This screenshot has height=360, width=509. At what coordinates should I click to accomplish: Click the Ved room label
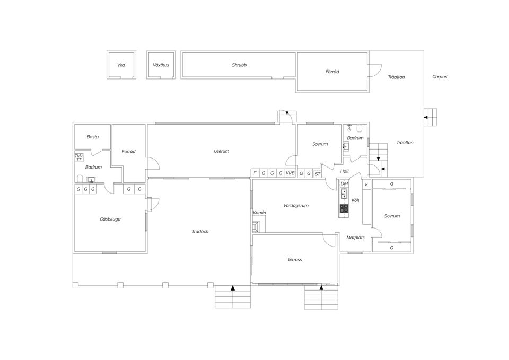(x=121, y=65)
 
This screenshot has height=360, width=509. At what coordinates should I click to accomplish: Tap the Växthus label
(x=161, y=65)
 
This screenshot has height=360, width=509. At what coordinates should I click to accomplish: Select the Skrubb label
(x=239, y=65)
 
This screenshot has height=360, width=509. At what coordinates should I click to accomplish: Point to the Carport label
(x=440, y=77)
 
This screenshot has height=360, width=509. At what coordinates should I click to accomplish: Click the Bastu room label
(x=93, y=137)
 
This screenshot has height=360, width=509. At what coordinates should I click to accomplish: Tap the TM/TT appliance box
(x=79, y=158)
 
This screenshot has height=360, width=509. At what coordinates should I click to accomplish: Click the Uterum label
(x=222, y=151)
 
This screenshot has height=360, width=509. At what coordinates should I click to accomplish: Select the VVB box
(x=290, y=173)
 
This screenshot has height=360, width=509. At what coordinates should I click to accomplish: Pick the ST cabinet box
(x=318, y=174)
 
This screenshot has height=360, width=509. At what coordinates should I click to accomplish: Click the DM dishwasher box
(x=344, y=184)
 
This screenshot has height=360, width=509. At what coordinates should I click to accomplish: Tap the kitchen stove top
(x=344, y=208)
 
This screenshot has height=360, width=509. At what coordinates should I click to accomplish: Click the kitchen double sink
(x=344, y=194)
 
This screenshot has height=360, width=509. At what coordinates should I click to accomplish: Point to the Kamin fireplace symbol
(x=257, y=227)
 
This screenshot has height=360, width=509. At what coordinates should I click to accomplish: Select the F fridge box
(x=255, y=173)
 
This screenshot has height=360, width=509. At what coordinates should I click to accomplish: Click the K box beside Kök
(x=366, y=185)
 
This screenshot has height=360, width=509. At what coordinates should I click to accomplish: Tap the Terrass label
(x=295, y=260)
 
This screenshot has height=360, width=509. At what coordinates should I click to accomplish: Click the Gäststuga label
(x=110, y=219)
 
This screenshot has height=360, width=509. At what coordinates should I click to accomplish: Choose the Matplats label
(x=355, y=238)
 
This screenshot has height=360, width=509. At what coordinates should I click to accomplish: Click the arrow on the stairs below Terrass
(x=321, y=287)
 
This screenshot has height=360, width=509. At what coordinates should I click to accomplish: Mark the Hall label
(x=345, y=171)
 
